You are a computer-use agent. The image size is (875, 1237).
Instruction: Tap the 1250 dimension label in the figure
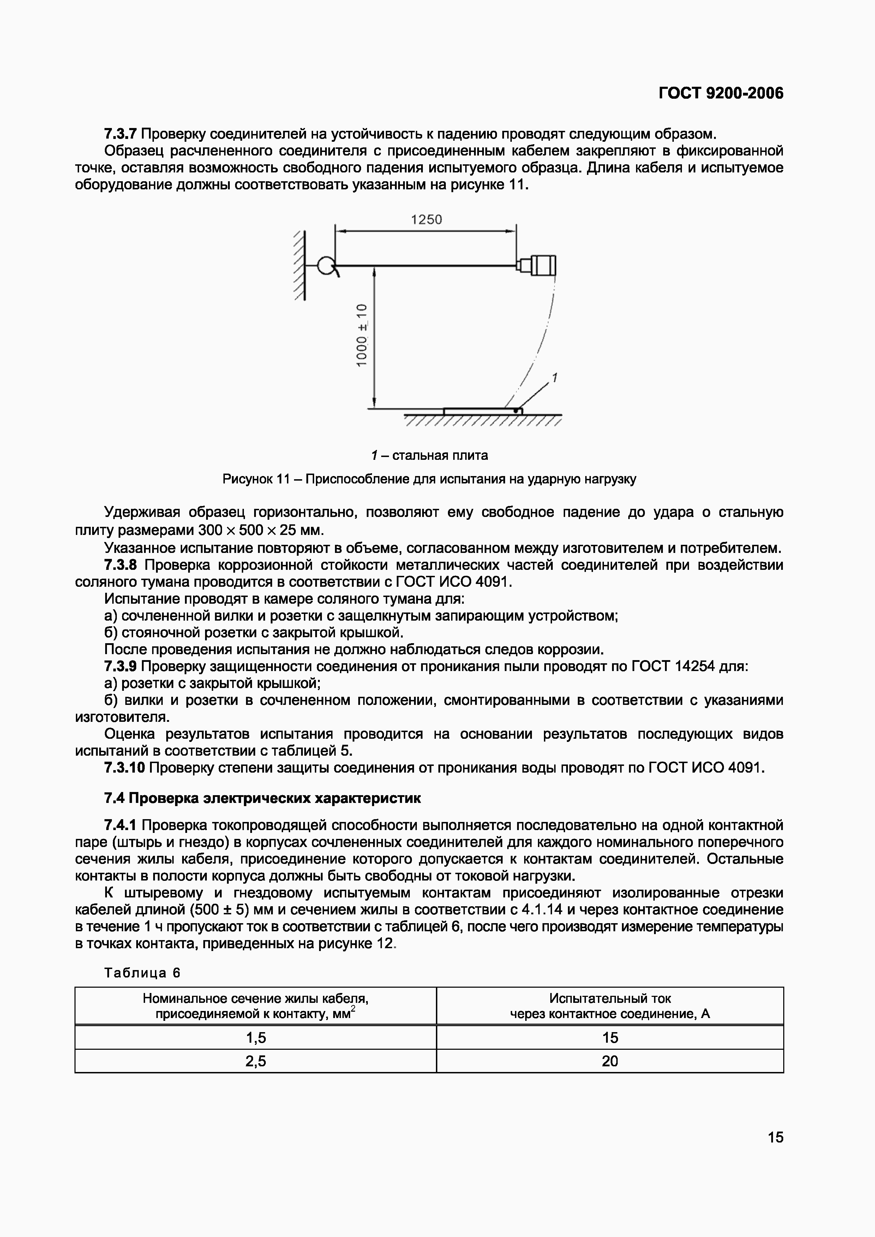click(x=426, y=220)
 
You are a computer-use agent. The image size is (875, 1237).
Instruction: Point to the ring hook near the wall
click(x=326, y=266)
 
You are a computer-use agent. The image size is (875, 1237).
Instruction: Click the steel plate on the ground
click(x=482, y=411)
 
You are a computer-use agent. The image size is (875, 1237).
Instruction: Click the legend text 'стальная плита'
click(x=439, y=455)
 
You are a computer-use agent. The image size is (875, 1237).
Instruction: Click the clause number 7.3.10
click(x=125, y=768)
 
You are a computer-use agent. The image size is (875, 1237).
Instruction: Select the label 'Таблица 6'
click(x=142, y=973)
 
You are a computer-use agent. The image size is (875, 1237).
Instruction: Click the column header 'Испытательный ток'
click(x=610, y=998)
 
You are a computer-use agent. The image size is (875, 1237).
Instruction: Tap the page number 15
click(x=775, y=1137)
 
